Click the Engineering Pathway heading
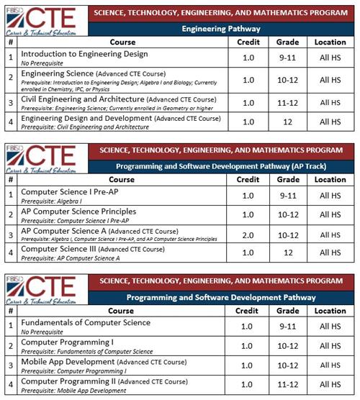(220, 29)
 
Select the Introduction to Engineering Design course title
(84, 54)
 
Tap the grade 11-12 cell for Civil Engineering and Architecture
(287, 103)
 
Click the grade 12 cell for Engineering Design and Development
(287, 122)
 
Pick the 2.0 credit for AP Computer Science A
(248, 235)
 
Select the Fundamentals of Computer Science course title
(86, 322)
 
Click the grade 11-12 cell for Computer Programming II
(287, 384)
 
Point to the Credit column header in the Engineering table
(248, 42)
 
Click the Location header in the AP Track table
(330, 179)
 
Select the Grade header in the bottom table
(287, 311)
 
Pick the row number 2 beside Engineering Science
(11, 79)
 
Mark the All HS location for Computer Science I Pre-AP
(330, 195)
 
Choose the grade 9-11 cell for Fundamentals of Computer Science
(287, 326)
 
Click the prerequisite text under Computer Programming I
(86, 351)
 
